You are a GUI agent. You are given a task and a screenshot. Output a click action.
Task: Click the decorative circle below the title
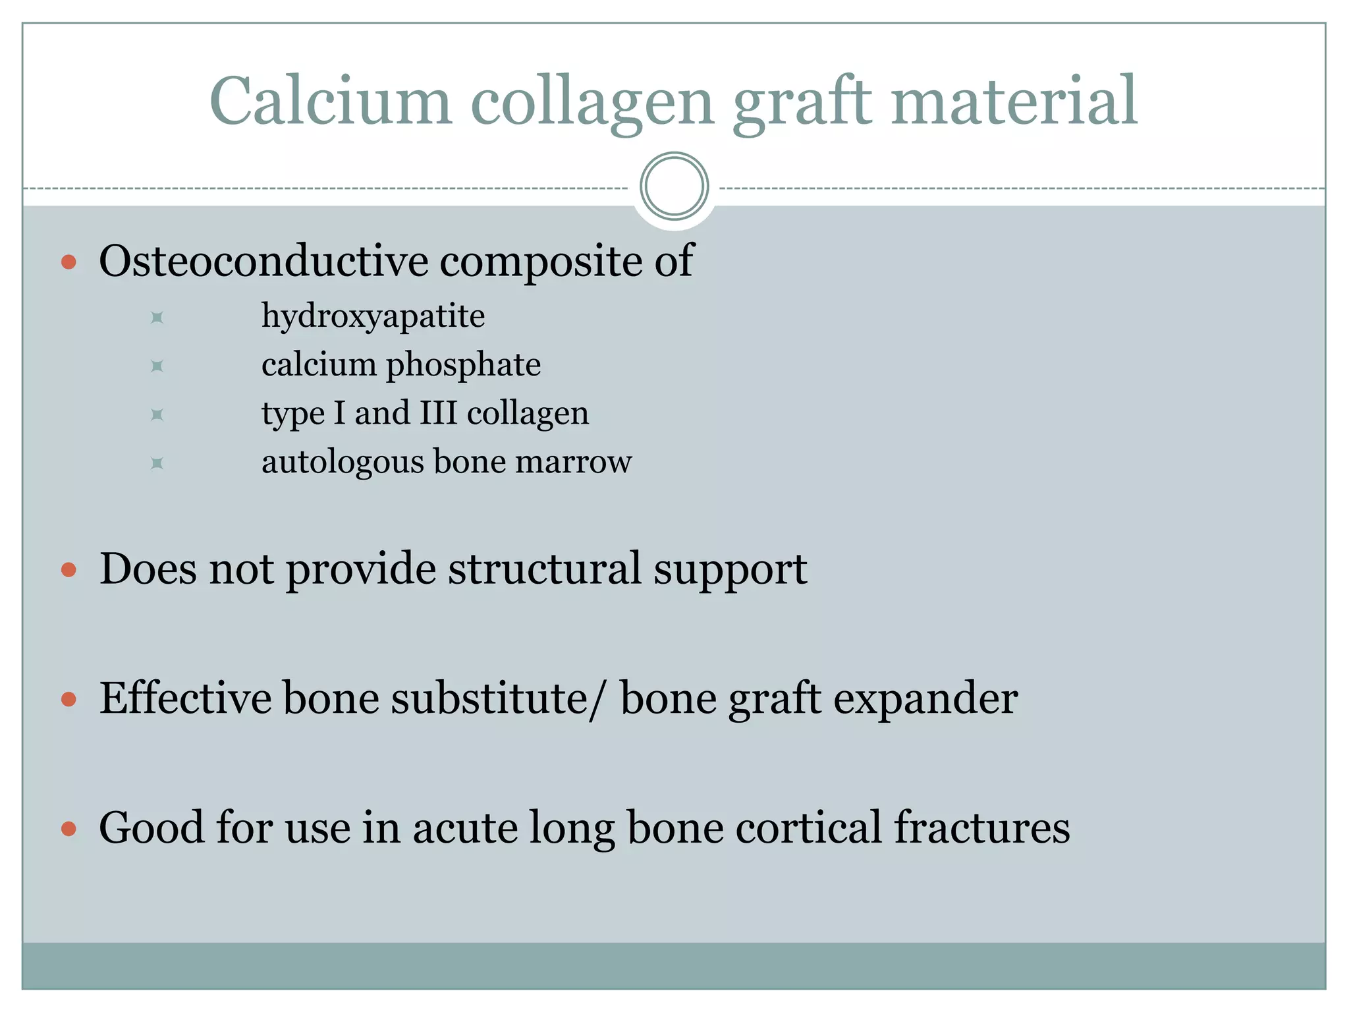(x=674, y=186)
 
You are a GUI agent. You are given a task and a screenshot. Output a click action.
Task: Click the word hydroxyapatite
(x=373, y=317)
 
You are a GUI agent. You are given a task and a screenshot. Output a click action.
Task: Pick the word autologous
(x=343, y=463)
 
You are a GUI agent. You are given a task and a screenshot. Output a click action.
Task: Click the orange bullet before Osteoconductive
(x=69, y=262)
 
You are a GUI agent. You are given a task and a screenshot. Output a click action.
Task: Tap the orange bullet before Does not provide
(x=69, y=569)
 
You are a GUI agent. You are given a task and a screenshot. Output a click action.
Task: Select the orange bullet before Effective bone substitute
(x=69, y=698)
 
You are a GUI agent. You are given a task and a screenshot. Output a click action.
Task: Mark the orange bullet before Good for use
(x=69, y=828)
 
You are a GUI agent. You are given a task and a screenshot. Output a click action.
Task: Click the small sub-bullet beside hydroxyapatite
(x=157, y=318)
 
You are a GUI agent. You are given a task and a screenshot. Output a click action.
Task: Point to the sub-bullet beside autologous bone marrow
(x=157, y=463)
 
